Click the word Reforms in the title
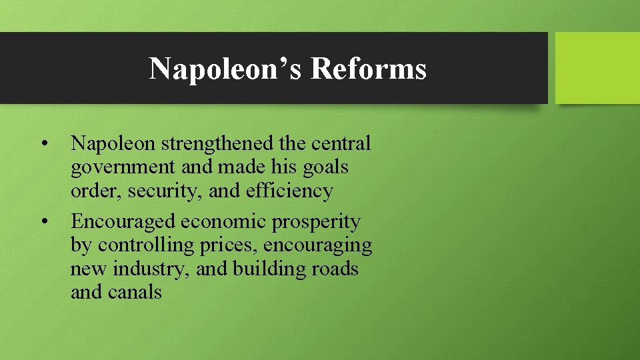(x=368, y=69)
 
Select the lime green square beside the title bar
(x=597, y=68)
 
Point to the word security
(x=166, y=191)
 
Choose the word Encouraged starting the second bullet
(x=123, y=221)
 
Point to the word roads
(x=337, y=269)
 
